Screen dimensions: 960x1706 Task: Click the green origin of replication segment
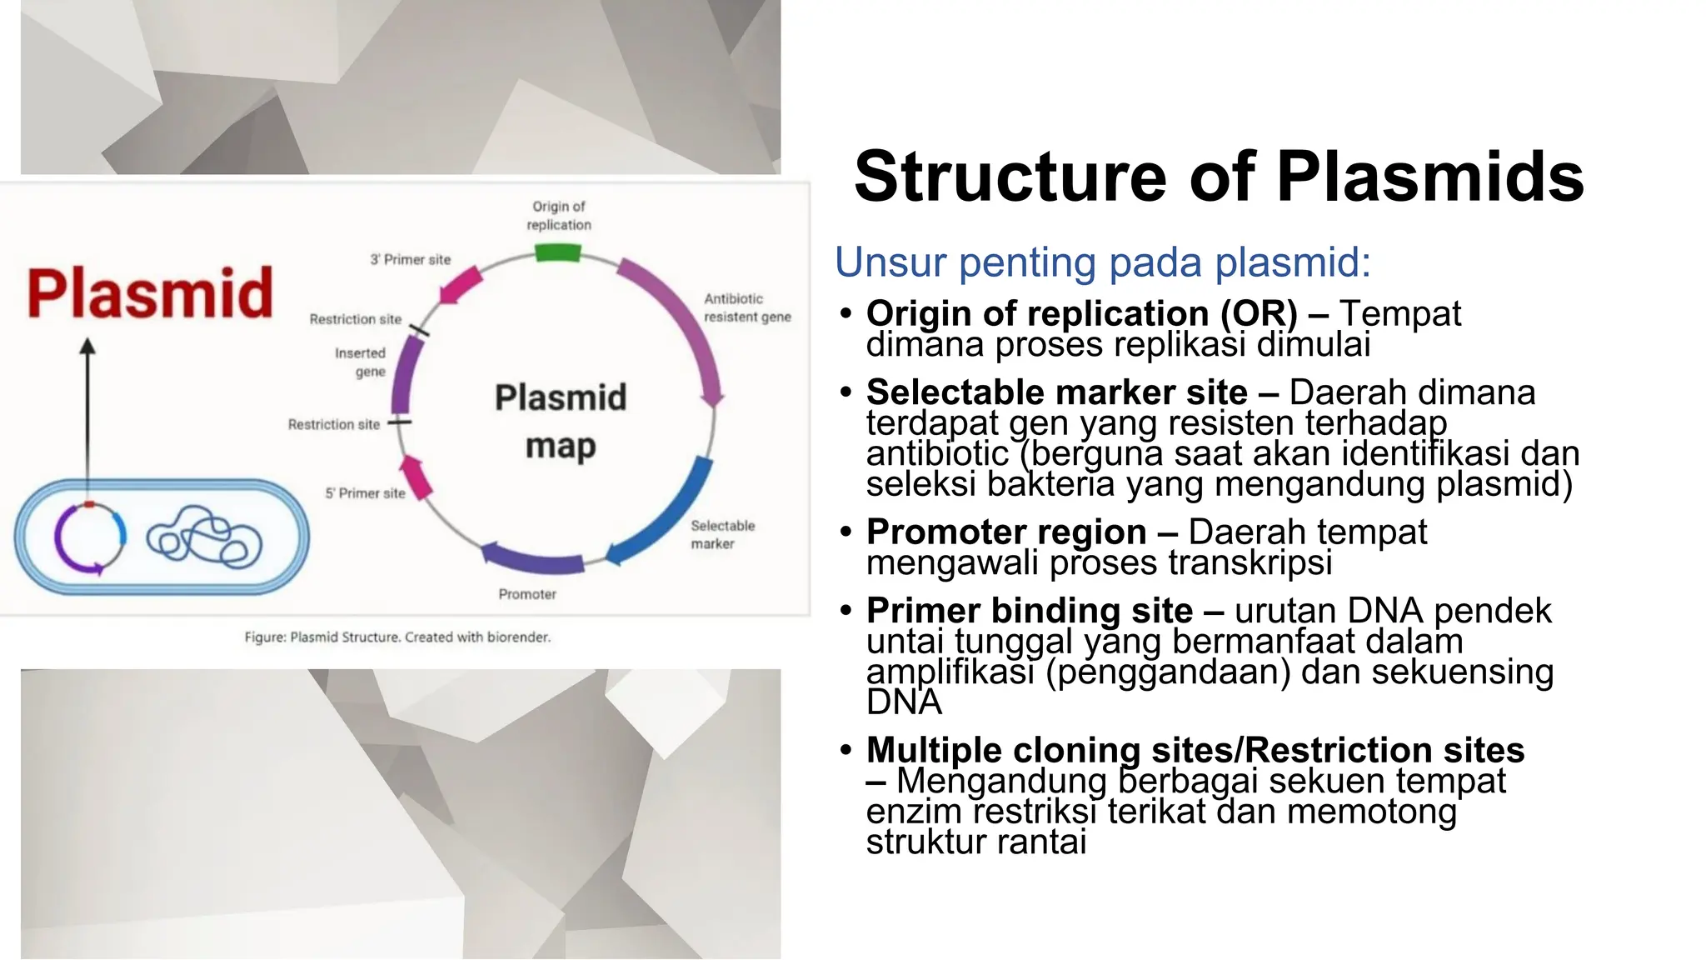point(557,252)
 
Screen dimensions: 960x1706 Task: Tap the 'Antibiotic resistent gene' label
point(746,307)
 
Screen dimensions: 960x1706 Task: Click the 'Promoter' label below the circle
point(526,594)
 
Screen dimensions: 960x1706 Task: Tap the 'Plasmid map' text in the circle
point(561,421)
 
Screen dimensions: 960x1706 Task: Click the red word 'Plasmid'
point(150,293)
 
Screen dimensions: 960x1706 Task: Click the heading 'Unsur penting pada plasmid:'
point(1102,262)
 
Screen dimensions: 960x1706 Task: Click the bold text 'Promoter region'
point(1005,532)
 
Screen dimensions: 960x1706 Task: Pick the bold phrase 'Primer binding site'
point(1029,611)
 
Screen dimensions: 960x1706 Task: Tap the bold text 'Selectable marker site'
point(1056,392)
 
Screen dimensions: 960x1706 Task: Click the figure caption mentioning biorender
point(397,637)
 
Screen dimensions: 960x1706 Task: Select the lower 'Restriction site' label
point(333,424)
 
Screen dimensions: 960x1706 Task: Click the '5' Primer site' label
point(365,493)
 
